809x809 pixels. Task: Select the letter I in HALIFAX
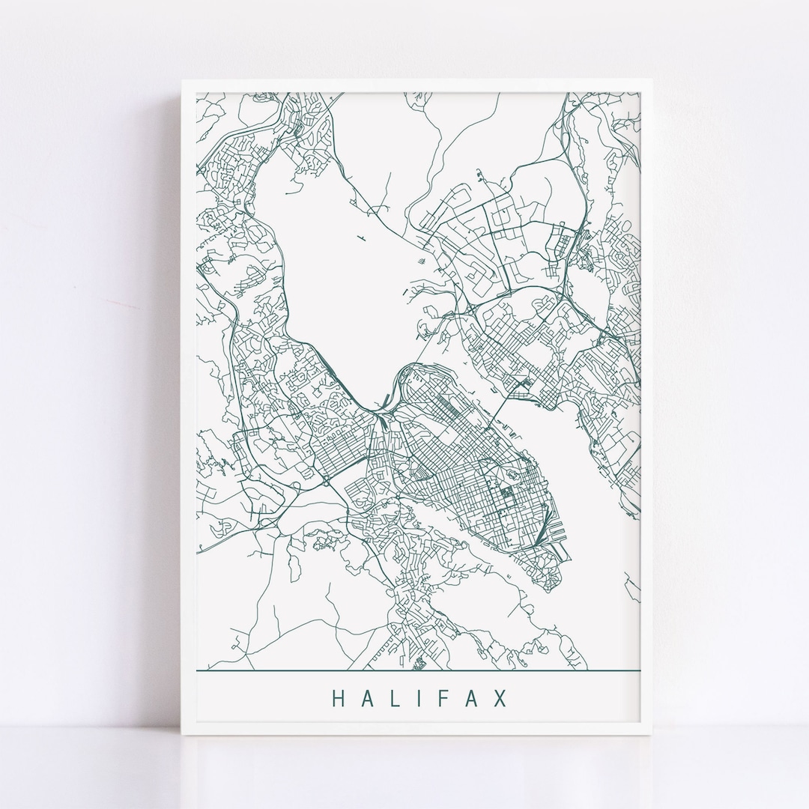(x=420, y=698)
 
